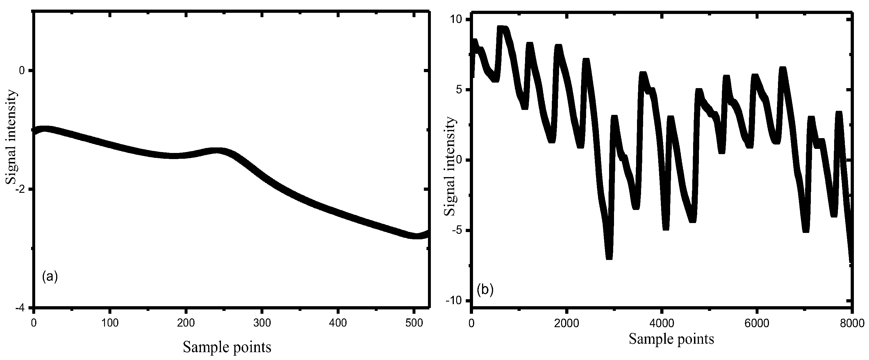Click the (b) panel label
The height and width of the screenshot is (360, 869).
click(x=486, y=290)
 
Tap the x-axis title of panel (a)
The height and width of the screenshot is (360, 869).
click(x=227, y=347)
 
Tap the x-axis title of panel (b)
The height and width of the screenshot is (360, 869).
click(x=671, y=339)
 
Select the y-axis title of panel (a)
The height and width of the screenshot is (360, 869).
click(x=11, y=137)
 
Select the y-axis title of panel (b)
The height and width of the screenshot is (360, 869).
click(x=450, y=167)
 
